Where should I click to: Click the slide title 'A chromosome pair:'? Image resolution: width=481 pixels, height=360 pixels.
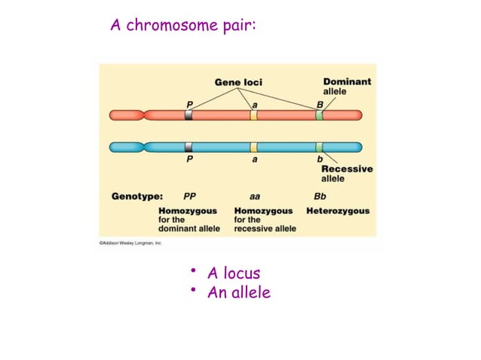pos(184,26)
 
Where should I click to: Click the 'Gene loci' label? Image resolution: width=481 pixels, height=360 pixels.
pos(238,82)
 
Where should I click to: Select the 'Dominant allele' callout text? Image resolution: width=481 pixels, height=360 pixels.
pos(347,86)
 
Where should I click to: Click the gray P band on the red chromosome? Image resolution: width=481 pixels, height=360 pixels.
pos(188,115)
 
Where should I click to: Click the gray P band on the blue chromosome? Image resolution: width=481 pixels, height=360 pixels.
pos(188,147)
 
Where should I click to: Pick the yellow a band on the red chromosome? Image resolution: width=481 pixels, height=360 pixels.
pos(254,115)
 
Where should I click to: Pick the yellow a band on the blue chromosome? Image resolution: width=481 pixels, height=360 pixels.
pos(254,147)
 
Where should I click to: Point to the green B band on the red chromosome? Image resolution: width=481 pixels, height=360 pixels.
pos(320,115)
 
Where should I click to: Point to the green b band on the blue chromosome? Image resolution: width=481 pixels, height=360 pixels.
pos(320,147)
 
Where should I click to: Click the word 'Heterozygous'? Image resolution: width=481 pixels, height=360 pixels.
pos(338,211)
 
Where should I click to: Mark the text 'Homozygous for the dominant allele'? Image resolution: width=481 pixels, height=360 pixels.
pos(188,219)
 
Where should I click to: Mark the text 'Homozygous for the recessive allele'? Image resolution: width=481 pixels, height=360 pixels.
pos(265,219)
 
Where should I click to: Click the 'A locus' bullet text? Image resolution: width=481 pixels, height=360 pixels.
pos(233,273)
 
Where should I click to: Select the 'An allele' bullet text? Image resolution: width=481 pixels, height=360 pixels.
pos(238,292)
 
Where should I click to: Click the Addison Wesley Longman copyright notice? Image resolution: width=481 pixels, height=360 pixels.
pos(130,243)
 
